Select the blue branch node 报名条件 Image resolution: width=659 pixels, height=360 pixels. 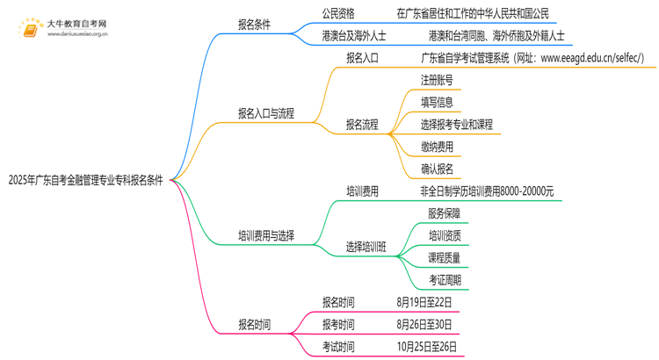tap(255, 24)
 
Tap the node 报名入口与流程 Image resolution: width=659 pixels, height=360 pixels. tap(266, 113)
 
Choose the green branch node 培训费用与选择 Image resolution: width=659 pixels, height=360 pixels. tap(266, 235)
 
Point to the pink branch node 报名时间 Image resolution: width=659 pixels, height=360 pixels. tap(255, 324)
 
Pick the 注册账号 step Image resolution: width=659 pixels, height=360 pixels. tap(437, 80)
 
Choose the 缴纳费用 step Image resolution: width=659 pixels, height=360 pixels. tap(437, 147)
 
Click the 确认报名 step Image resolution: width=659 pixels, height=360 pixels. tap(437, 169)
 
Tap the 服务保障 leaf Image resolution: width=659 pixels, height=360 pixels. tap(444, 213)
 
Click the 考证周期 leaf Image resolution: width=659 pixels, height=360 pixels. tap(444, 280)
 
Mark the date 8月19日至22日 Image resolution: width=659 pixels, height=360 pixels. tap(424, 302)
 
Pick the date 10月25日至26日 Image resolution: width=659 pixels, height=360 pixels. tap(427, 347)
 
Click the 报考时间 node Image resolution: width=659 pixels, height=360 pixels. tap(338, 324)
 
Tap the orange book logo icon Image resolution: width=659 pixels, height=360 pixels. tap(31, 27)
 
